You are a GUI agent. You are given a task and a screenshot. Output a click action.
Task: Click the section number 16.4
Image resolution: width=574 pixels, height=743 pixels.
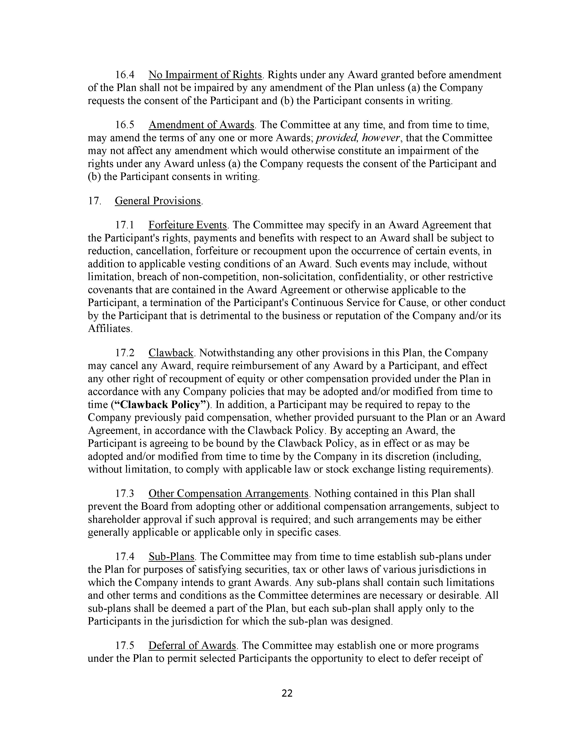(x=125, y=75)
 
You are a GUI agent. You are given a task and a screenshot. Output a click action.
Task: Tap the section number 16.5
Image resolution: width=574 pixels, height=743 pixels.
(x=125, y=125)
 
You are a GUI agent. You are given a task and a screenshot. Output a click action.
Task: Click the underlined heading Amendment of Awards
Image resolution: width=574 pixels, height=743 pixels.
(x=202, y=125)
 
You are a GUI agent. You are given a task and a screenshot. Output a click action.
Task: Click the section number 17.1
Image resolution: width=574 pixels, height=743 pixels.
(x=125, y=225)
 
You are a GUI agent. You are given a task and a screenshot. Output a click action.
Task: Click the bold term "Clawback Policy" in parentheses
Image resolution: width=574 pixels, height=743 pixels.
(x=160, y=405)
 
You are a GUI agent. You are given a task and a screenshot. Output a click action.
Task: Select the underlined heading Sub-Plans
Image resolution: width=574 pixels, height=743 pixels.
(x=171, y=557)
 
